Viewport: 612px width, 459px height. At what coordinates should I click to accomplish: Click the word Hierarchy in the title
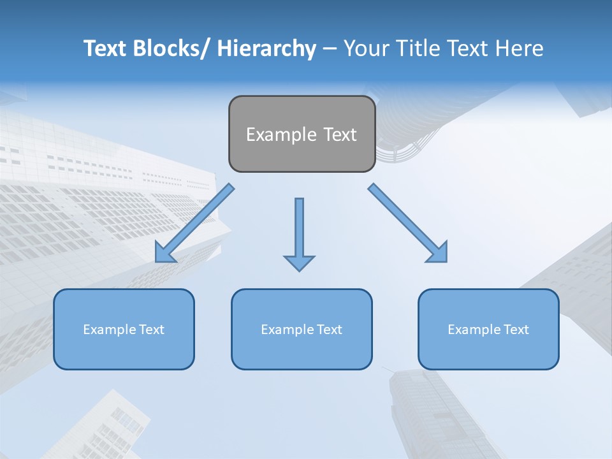(266, 48)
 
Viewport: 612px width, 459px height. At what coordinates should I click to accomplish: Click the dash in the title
(330, 49)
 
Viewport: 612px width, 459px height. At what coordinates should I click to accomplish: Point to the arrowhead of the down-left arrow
(165, 253)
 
